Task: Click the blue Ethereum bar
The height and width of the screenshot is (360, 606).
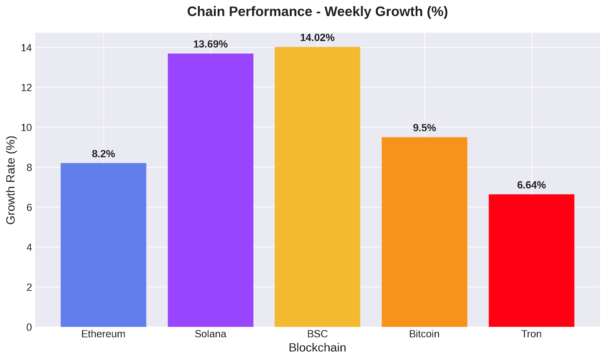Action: [x=103, y=245]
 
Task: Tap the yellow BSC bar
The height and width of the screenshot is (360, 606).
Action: [x=317, y=187]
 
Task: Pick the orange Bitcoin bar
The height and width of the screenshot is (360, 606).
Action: [x=424, y=232]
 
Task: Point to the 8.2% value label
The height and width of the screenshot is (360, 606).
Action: [x=103, y=154]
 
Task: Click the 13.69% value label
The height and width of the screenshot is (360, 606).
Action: [x=211, y=44]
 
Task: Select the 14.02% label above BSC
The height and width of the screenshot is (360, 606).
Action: [x=317, y=38]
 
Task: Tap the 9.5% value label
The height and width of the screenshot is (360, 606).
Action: [x=424, y=128]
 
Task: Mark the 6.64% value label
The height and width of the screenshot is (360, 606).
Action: [x=531, y=185]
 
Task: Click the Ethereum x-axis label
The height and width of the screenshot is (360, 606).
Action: [x=103, y=334]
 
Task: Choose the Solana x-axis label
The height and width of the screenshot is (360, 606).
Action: [x=211, y=334]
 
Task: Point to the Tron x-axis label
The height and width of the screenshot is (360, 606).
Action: [x=531, y=334]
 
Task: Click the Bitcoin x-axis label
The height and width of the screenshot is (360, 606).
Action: [x=424, y=334]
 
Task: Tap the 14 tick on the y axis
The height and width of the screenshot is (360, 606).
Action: [x=27, y=48]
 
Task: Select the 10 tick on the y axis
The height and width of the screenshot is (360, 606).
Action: [x=27, y=128]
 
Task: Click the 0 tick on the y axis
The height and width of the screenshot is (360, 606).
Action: [x=29, y=327]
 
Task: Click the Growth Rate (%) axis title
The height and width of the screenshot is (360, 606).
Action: [x=11, y=180]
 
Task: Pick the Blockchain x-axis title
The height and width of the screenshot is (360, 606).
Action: [x=317, y=348]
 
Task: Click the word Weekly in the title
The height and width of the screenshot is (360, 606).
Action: [x=349, y=12]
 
